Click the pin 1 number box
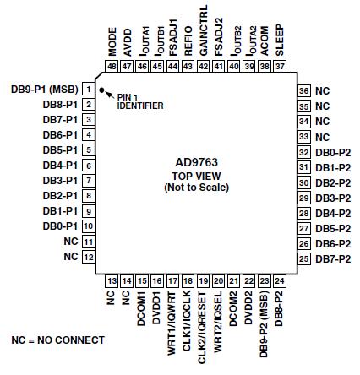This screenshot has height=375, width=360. point(89,89)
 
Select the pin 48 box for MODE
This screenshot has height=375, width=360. point(112,65)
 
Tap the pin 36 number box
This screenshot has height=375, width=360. point(303,90)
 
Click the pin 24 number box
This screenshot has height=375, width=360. point(280,280)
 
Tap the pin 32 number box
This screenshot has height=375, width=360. point(303,151)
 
